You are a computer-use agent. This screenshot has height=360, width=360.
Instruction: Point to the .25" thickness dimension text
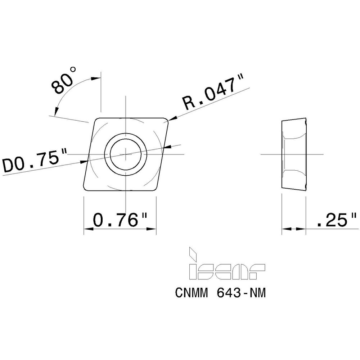336,220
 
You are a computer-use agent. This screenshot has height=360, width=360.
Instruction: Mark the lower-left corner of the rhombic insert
85,188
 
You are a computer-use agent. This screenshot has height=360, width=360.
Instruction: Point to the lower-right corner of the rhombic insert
156,188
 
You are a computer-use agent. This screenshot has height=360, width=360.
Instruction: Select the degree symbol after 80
73,69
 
